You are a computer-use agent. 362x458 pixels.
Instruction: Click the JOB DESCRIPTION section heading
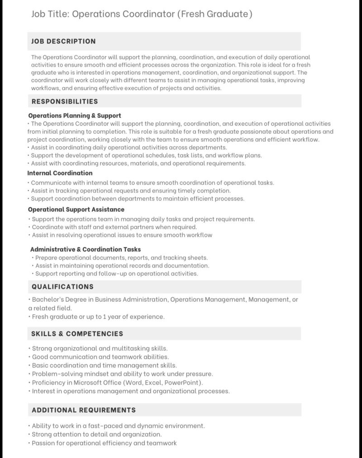tap(63, 41)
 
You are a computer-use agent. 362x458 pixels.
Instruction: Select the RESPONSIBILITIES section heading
tap(65, 101)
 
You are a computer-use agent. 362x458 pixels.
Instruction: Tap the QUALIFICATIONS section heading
tap(62, 286)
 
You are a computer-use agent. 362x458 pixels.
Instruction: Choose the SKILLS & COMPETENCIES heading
tap(77, 334)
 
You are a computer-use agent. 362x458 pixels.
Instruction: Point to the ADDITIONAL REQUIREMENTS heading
tap(84, 410)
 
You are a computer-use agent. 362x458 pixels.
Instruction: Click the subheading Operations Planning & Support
tap(75, 116)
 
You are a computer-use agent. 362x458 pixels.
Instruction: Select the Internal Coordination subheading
tap(60, 173)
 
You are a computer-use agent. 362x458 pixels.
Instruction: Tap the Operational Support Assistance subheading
tap(76, 210)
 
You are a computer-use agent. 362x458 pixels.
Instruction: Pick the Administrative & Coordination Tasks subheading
tap(86, 249)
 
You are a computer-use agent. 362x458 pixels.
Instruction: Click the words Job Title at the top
tap(50, 14)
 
